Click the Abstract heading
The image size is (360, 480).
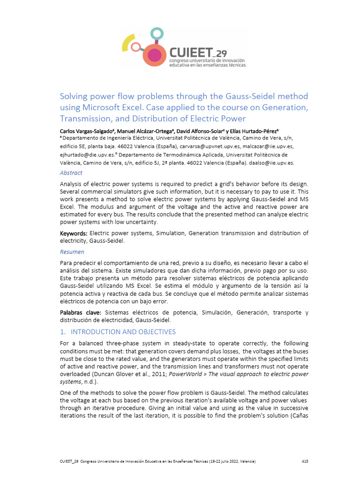click(71, 173)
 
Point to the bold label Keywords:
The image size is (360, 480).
click(73, 233)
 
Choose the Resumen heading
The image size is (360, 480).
click(72, 252)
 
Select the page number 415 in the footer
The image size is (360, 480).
click(304, 462)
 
